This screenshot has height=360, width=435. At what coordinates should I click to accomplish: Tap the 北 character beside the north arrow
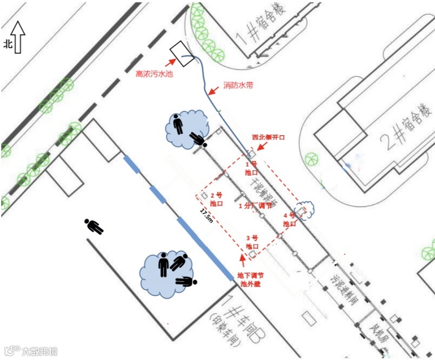click(x=8, y=44)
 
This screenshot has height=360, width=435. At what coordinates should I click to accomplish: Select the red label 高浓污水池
click(x=154, y=75)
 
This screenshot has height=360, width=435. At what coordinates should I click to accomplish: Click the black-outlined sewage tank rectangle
click(x=182, y=53)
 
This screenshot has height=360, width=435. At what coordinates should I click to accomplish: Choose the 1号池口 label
click(x=251, y=169)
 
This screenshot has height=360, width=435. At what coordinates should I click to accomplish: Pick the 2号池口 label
click(x=216, y=198)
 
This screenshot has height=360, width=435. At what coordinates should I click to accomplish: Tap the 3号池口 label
click(x=251, y=241)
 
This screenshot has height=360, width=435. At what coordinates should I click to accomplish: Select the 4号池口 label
click(x=289, y=220)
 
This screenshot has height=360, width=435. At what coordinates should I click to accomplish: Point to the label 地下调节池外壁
click(x=251, y=280)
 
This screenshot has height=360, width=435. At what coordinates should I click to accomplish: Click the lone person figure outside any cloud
click(x=95, y=226)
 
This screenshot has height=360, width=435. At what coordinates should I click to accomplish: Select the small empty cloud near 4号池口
click(x=304, y=210)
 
